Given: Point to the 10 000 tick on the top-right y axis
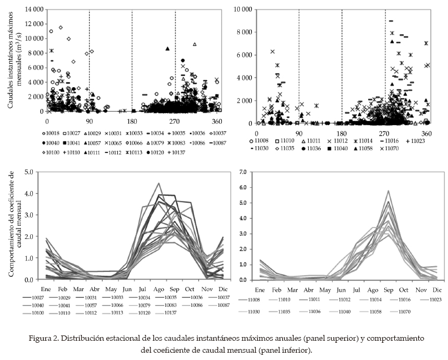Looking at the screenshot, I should [x=244, y=9].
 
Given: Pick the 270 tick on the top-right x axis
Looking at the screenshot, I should [x=384, y=133].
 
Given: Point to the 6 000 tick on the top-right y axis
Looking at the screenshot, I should [x=245, y=55].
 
